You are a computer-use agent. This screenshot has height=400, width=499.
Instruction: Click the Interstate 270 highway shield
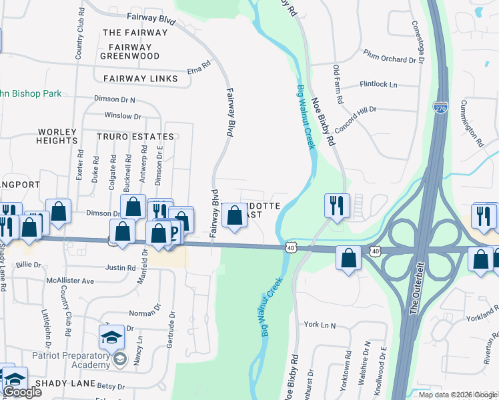click(442, 108)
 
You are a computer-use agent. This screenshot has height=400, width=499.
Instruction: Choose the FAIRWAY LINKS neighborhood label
click(141, 79)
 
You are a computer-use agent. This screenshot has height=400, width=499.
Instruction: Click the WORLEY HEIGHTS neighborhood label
click(57, 136)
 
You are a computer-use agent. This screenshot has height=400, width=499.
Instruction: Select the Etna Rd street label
click(199, 68)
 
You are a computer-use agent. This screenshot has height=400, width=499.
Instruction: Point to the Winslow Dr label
click(122, 116)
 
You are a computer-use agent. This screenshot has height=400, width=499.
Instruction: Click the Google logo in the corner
click(22, 391)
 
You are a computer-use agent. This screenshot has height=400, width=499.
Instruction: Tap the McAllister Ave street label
click(69, 281)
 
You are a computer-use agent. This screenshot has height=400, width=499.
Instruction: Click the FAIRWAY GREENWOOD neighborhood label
click(130, 51)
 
